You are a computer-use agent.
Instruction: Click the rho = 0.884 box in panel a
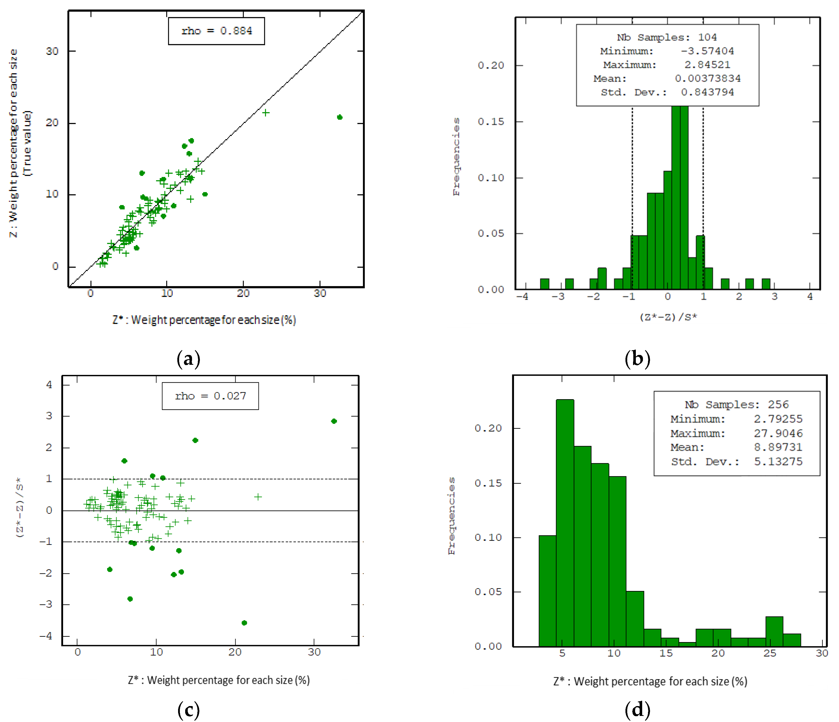pos(216,31)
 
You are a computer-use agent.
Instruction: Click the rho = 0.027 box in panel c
pos(210,396)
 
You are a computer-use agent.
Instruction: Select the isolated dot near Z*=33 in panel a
pos(339,117)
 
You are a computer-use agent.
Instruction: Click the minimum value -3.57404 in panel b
pos(707,51)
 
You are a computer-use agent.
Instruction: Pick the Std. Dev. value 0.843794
pos(707,92)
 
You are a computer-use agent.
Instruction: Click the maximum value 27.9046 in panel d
pos(777,433)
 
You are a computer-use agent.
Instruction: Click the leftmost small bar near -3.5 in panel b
pos(545,284)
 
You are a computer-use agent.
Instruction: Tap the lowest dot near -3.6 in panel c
pos(244,623)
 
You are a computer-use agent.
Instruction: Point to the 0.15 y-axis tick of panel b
pos(491,122)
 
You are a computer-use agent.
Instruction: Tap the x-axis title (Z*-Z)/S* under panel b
pos(668,317)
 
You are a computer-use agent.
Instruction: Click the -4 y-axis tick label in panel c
pos(46,636)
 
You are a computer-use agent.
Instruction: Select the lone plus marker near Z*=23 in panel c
pos(258,497)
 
